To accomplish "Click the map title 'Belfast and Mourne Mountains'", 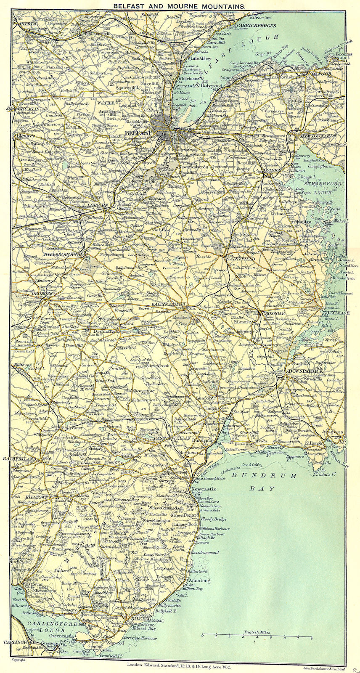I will tap(180, 6).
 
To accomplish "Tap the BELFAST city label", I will tap(138, 133).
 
